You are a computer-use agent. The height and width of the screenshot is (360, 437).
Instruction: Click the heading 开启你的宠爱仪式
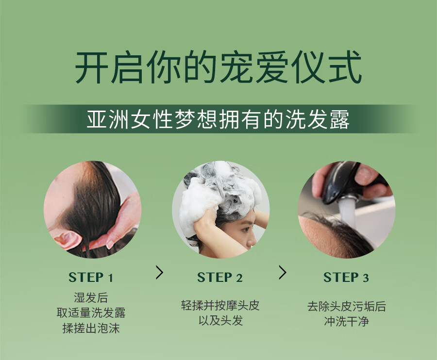click(x=218, y=67)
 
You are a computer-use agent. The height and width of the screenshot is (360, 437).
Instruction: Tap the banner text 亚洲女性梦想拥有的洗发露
click(x=218, y=120)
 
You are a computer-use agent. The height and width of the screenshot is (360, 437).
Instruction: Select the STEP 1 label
click(x=91, y=278)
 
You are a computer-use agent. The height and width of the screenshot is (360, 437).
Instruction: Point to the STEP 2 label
click(x=220, y=278)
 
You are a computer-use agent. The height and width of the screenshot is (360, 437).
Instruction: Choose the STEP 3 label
click(x=346, y=278)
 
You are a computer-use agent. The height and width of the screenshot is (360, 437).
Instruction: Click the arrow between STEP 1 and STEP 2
click(x=159, y=272)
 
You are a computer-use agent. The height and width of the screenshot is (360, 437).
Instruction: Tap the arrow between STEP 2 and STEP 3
click(x=283, y=272)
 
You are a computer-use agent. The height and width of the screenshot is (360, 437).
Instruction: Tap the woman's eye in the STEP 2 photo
click(x=246, y=229)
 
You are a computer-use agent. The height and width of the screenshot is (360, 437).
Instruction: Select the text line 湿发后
click(x=91, y=297)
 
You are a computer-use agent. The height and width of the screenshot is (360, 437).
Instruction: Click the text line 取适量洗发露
click(x=91, y=312)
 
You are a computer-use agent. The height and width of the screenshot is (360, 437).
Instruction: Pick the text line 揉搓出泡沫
click(x=91, y=328)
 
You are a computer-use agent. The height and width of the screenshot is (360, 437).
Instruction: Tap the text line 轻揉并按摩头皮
click(x=220, y=306)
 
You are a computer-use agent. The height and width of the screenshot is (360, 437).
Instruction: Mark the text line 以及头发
click(x=220, y=321)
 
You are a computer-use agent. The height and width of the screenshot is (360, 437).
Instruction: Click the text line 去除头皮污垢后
click(x=346, y=307)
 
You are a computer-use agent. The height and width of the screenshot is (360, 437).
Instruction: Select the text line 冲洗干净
click(x=346, y=322)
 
